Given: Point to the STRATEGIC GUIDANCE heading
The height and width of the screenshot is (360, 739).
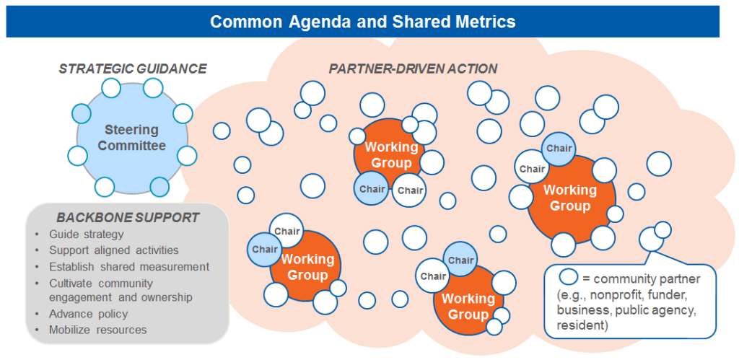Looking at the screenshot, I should coord(133,69).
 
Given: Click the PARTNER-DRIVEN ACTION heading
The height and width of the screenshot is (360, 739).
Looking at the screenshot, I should coord(413,69).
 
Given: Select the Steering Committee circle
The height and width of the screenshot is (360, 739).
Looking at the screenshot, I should coord(131,138).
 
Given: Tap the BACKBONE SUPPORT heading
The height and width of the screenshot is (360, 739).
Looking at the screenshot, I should coord(128,217).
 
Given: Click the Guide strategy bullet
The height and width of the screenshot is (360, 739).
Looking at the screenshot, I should coord(86,234).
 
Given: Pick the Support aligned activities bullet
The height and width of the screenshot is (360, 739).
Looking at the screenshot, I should coord(113,250).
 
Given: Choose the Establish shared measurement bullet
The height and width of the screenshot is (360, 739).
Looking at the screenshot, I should coord(129,266).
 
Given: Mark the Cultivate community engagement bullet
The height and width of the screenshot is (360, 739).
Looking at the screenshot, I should coord(121,290).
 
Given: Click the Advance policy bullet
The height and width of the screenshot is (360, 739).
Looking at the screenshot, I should coord(88,314).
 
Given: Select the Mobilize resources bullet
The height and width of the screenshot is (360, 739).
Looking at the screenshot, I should coord(97,330).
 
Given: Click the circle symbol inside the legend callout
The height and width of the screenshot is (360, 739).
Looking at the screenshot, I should coord(569,278).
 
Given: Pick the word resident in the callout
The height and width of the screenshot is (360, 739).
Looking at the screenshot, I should coord(580,326).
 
